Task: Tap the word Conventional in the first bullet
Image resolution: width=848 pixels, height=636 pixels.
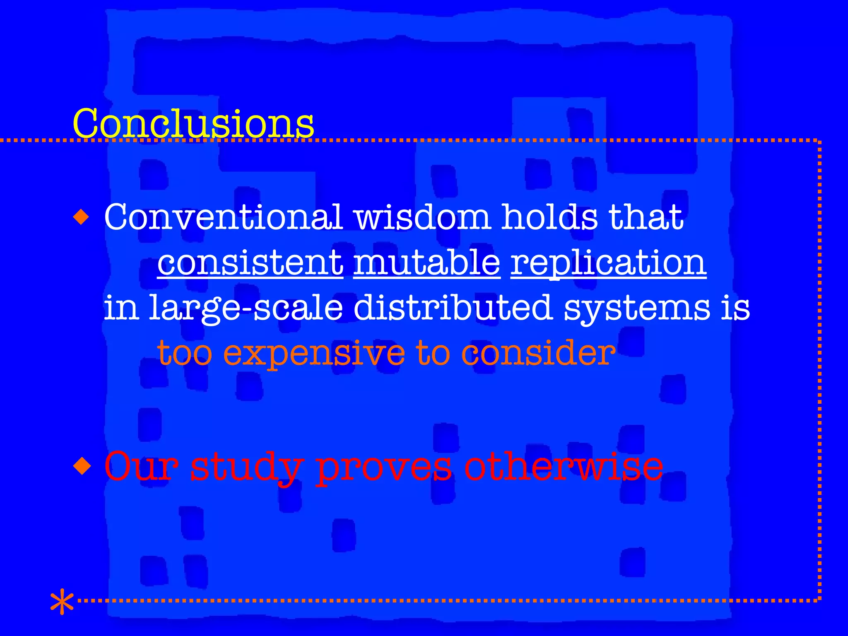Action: (x=223, y=217)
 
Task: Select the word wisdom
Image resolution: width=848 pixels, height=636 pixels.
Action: (x=422, y=217)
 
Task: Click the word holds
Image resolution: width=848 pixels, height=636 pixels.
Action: (x=549, y=217)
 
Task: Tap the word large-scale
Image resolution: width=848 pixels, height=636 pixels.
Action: (x=246, y=308)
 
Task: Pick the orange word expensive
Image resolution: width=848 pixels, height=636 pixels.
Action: (x=314, y=354)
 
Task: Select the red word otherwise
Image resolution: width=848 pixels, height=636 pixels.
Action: (x=564, y=467)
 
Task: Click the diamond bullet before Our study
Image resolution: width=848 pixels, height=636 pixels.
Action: (x=82, y=466)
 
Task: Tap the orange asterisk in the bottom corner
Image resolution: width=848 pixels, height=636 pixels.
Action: (x=62, y=601)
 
